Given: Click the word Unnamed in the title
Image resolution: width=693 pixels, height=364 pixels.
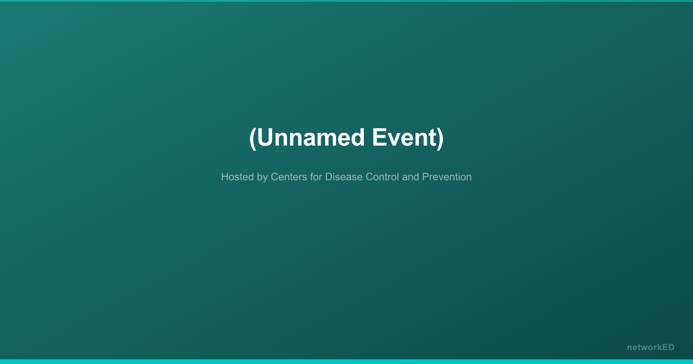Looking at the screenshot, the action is (311, 138).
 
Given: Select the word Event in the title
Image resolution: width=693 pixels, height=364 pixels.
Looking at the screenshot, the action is (404, 138).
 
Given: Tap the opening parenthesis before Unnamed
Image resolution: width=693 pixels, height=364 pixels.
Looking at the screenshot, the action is (253, 138).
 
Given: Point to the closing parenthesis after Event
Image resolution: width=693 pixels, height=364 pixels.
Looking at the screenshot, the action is (440, 138).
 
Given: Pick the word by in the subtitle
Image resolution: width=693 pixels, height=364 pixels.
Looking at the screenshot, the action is (262, 178).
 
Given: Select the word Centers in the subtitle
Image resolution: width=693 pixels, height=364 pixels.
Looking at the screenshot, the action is (289, 177).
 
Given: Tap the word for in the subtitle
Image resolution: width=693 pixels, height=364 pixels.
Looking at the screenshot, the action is (316, 177).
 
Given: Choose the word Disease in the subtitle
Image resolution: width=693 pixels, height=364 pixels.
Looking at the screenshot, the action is (344, 177).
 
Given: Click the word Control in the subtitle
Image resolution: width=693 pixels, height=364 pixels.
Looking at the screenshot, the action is (382, 177).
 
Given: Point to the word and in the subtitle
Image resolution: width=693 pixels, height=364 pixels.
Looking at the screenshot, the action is (411, 177).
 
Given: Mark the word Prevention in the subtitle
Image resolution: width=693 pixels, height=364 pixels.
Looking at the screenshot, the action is (447, 177).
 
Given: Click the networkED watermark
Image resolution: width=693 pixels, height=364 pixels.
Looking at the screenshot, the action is (651, 347).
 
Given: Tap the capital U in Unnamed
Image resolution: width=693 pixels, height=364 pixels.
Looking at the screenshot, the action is (264, 138).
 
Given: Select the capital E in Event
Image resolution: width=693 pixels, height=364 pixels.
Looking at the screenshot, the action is (379, 138).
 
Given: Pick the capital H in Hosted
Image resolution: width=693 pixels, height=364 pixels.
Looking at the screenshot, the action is (225, 177).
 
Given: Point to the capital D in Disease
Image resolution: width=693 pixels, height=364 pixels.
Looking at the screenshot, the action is (329, 177).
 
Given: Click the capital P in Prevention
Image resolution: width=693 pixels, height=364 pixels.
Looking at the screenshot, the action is (426, 177).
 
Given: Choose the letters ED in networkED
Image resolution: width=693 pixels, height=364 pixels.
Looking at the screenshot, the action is (668, 347).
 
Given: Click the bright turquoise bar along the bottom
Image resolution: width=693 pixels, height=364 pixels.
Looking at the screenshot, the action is (346, 362).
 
